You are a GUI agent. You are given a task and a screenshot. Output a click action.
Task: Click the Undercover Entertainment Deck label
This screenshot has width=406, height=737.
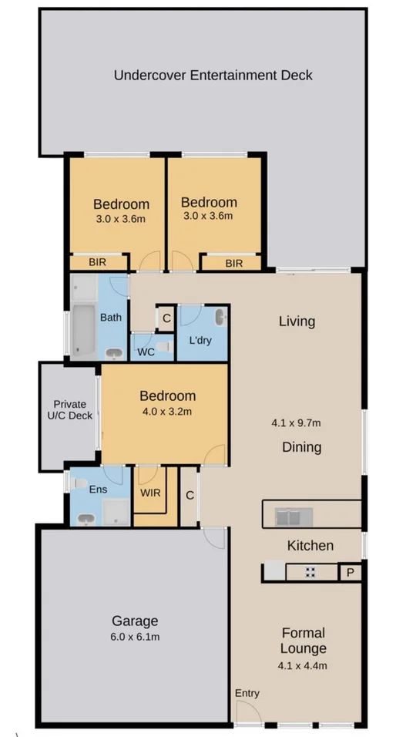tap(213, 76)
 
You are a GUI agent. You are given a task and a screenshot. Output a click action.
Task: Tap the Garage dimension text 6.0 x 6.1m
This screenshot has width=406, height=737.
tap(136, 637)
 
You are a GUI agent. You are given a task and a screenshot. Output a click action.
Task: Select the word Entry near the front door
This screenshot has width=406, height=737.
tap(247, 693)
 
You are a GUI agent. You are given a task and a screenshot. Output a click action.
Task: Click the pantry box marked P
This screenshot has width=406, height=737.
tap(350, 573)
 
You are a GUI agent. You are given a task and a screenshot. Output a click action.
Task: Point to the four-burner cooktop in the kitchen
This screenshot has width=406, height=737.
tap(311, 573)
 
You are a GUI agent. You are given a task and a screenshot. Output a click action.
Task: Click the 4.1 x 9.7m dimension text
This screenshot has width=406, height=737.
tap(297, 422)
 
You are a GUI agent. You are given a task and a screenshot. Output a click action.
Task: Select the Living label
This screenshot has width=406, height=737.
tap(297, 321)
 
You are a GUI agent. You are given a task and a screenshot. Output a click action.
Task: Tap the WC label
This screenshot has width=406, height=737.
tap(146, 352)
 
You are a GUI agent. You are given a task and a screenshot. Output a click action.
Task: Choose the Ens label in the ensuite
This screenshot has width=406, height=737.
tap(98, 490)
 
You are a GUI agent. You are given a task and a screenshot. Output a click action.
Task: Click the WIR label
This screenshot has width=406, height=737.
tap(150, 493)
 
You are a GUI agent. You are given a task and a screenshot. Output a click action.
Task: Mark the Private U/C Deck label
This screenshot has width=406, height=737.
tap(72, 409)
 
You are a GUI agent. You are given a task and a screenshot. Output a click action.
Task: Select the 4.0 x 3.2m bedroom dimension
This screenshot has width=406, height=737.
tap(166, 412)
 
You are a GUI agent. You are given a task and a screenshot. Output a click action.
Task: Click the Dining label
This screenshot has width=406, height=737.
tap(301, 447)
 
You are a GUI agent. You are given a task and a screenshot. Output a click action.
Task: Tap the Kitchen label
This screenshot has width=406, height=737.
tap(310, 546)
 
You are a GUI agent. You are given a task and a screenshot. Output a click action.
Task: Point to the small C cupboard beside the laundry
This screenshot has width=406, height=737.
tap(166, 318)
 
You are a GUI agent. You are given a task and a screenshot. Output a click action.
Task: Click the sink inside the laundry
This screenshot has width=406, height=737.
tap(220, 316)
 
